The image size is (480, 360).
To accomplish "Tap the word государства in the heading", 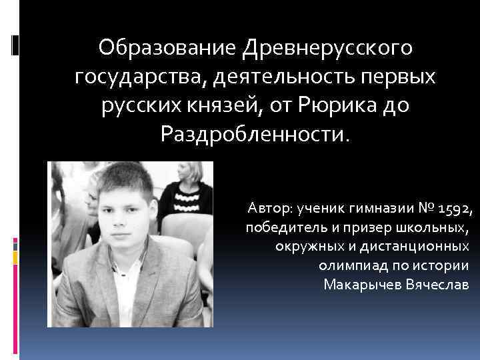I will [139, 77].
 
